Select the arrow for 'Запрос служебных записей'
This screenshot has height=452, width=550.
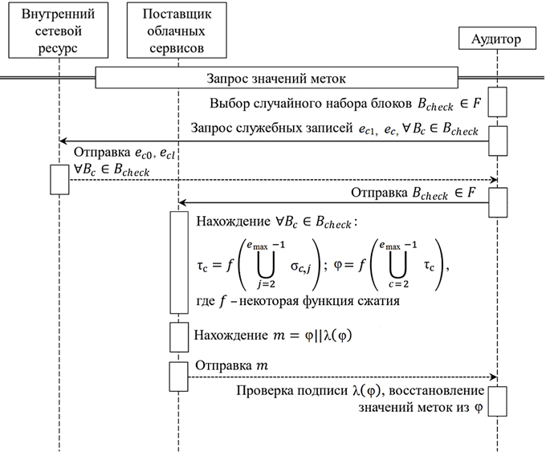point(273,141)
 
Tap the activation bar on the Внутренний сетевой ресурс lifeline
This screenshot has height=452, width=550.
point(60,178)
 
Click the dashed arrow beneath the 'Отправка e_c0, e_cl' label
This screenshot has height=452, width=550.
point(281,180)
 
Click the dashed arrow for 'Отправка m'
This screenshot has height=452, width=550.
point(337,377)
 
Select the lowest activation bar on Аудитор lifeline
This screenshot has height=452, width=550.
point(498,399)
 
